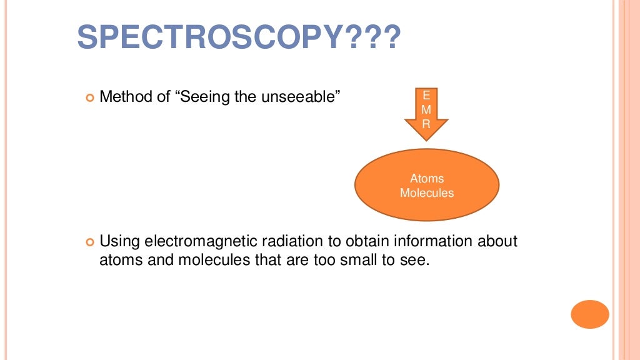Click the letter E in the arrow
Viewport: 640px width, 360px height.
tap(427, 96)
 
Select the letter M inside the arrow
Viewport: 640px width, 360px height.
tap(427, 110)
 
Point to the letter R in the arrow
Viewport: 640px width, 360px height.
tap(427, 124)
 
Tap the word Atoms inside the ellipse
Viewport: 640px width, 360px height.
tap(427, 179)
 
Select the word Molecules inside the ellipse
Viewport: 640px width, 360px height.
tap(427, 193)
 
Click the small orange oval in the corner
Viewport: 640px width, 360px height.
tap(589, 314)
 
